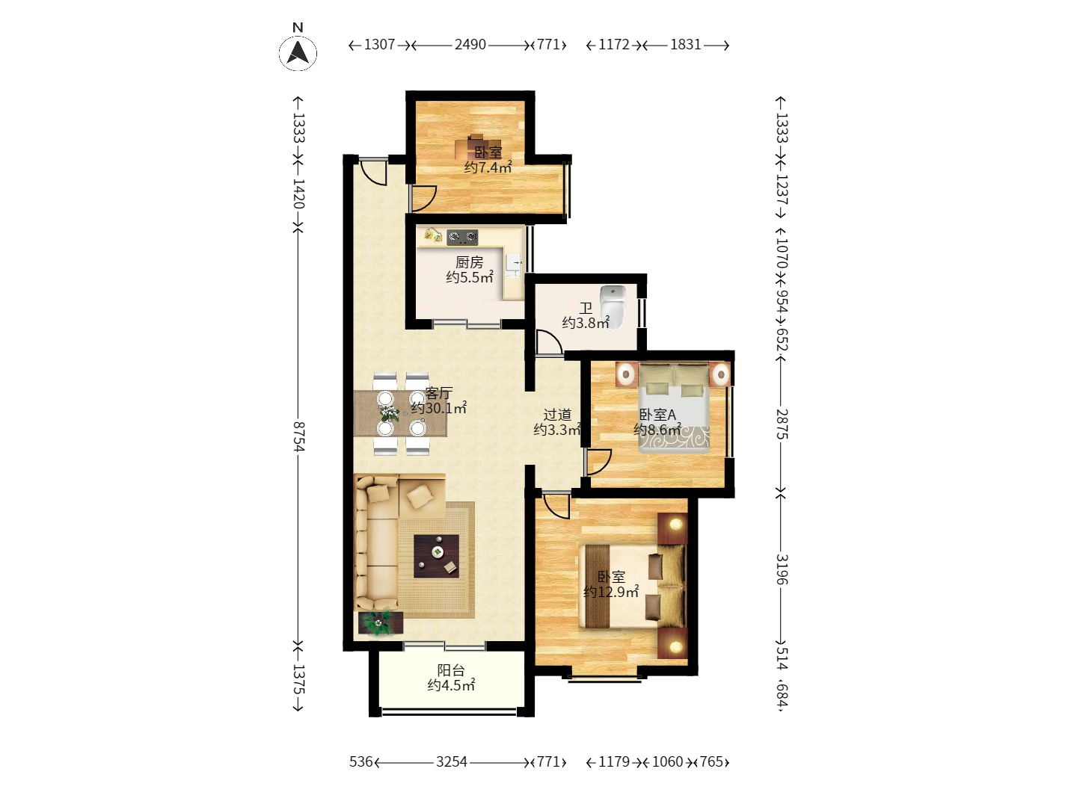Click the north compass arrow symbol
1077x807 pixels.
pos(298,52)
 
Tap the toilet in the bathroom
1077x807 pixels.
pos(613,307)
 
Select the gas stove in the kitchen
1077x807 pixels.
pos(462,237)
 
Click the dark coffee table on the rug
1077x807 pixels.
pos(436,556)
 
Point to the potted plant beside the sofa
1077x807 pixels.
pos(378,622)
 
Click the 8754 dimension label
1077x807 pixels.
pos(298,436)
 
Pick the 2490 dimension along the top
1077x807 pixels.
pos(470,45)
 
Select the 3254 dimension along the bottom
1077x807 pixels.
pos(452,762)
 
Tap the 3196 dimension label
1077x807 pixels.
pos(781,569)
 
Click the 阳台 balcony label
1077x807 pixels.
pos(451,670)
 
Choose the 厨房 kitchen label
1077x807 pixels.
pos(469,262)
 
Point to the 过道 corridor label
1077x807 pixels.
pos(557,415)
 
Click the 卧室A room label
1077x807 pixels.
pos(657,415)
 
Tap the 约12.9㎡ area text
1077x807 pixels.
pos(611,592)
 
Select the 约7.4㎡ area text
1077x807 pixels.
pos(488,167)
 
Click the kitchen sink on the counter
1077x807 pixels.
pos(515,265)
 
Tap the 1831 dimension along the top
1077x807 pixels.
pos(685,45)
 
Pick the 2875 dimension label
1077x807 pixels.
pos(781,424)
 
